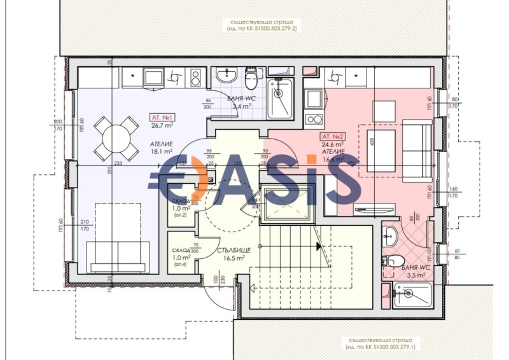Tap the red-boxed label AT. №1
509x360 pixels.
click(162, 118)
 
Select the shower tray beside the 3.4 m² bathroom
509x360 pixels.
click(279, 99)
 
